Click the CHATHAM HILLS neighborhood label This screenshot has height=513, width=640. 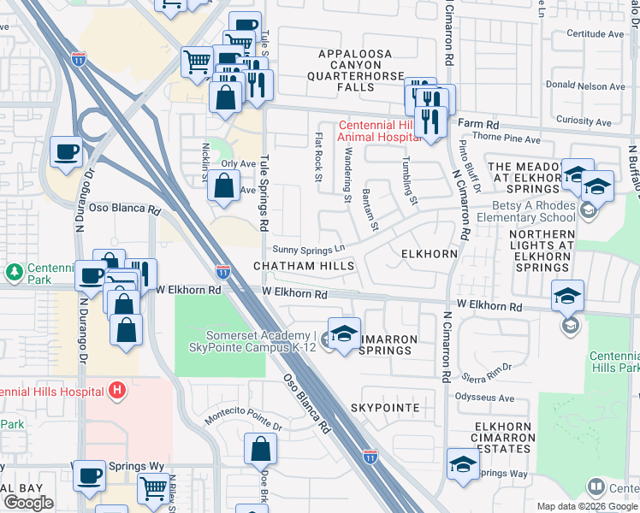pyautogui.click(x=304, y=267)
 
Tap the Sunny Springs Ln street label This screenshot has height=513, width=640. pyautogui.click(x=308, y=250)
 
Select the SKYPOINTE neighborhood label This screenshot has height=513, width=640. pyautogui.click(x=384, y=408)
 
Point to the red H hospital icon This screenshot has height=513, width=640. pyautogui.click(x=118, y=392)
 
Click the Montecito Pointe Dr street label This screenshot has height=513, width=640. pyautogui.click(x=243, y=420)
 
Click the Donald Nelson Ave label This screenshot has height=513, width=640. pyautogui.click(x=586, y=86)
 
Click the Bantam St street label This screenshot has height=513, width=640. pyautogui.click(x=370, y=210)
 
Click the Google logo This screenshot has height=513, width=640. pyautogui.click(x=28, y=503)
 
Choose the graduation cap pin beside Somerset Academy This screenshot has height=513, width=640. pyautogui.click(x=344, y=336)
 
